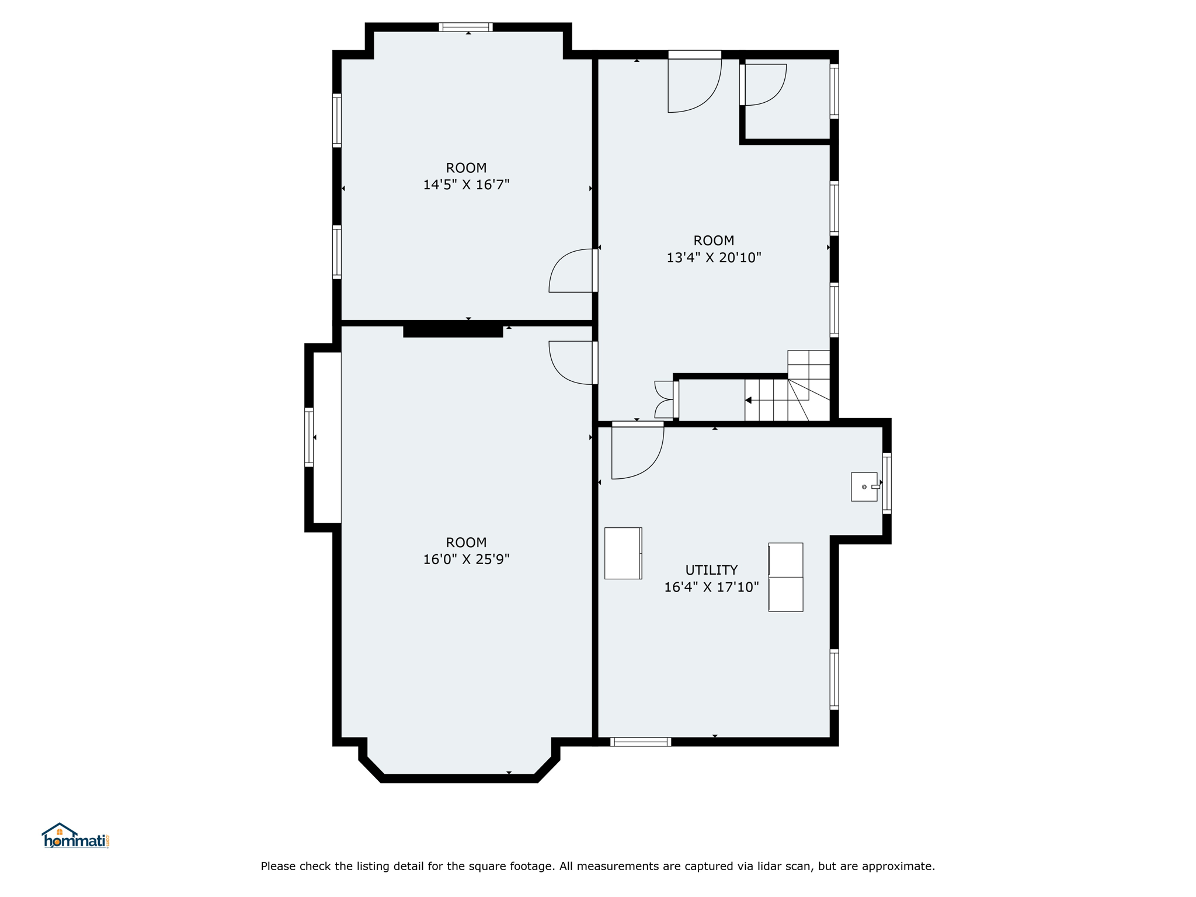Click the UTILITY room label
coord(711,570)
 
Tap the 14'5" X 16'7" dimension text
coord(466,185)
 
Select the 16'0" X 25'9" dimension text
coord(466,559)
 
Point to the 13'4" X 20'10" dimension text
coord(714,258)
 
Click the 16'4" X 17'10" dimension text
coord(711,587)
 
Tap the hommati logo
coord(75,836)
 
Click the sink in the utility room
coord(864,486)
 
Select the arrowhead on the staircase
coord(748,400)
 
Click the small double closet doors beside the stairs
coord(665,399)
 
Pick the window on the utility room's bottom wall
coord(641,742)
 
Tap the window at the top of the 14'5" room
coord(466,27)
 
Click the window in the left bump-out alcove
coord(309,437)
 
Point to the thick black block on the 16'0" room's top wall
coord(453,331)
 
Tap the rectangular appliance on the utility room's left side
coord(623,553)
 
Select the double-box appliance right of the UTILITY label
coord(785,577)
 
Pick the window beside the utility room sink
coord(886,483)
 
